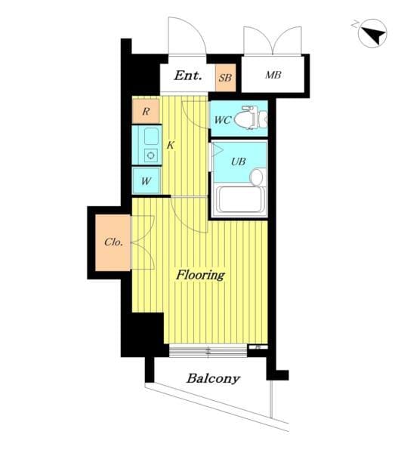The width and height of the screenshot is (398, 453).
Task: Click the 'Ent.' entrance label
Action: tap(187, 75)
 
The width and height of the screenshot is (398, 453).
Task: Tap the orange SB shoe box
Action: tap(225, 78)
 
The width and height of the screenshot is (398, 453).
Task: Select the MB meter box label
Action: tap(273, 75)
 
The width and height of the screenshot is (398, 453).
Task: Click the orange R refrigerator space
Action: tap(146, 111)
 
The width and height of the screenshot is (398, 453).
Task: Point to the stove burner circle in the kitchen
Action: tap(150, 156)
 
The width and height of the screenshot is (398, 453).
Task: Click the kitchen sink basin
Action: tap(151, 137)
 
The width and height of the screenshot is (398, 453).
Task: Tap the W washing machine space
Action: tap(146, 181)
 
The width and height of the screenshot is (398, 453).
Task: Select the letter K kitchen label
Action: tap(170, 145)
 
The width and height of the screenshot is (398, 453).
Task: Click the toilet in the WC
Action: tap(251, 118)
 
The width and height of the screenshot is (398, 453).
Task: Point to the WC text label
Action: tap(223, 120)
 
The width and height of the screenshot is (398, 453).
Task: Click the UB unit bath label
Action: tap(239, 162)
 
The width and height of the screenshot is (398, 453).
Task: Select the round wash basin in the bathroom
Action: tap(256, 177)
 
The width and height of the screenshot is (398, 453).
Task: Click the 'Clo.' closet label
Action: tap(113, 242)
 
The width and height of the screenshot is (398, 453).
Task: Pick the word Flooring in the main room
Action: tap(200, 275)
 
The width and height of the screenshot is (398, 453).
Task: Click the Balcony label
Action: tap(213, 378)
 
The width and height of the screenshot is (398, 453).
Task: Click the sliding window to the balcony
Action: tap(208, 351)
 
